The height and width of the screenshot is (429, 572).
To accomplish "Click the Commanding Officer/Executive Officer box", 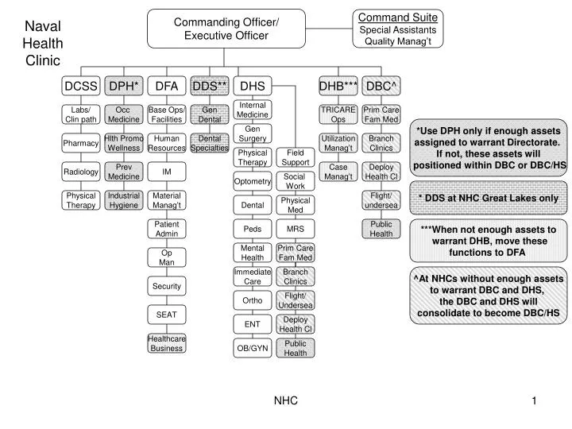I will pos(226,28).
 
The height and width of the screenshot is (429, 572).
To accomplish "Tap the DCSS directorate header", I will pos(81,85).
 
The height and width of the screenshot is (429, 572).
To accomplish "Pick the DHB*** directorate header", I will pos(338,85).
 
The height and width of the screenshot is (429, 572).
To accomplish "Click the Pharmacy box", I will pos(81,144).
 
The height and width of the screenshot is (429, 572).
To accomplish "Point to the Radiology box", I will pos(81,172).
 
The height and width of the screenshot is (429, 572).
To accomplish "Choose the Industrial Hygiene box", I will pos(123,200).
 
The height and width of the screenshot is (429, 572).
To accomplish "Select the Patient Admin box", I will pos(167,229).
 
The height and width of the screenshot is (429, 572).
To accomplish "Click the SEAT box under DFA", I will pos(167,315).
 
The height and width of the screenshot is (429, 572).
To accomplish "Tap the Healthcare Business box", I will pos(167,343).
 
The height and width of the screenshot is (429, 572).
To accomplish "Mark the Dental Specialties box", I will pos(210,144).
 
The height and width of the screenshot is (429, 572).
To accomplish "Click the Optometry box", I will pos(253,182).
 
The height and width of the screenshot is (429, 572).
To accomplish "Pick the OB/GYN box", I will pos(253,347).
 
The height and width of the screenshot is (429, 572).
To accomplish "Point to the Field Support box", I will pos(296,157).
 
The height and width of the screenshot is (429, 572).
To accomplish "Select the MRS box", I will pos(296,229).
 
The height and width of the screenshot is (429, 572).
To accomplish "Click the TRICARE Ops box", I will pos(338,114).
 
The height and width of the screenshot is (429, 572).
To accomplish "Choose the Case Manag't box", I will pos(338,172).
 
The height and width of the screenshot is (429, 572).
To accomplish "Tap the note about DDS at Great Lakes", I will pos(488,197).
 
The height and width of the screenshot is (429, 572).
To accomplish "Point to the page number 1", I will pos(535,401).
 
